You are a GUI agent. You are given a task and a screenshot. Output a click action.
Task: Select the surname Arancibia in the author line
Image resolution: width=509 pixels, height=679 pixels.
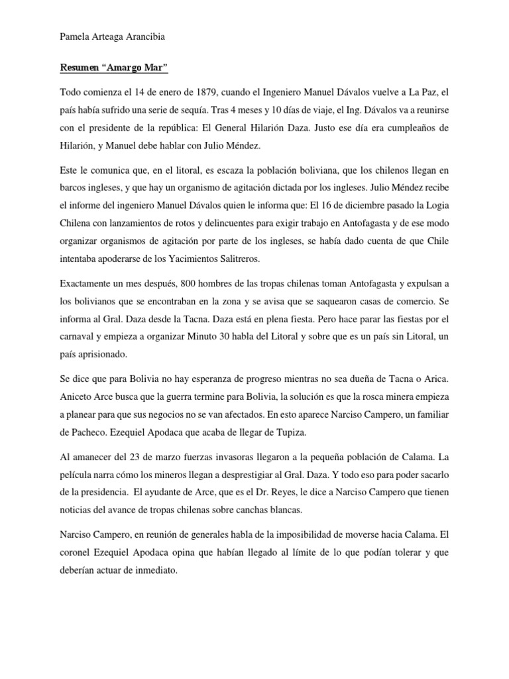pos(143,38)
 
